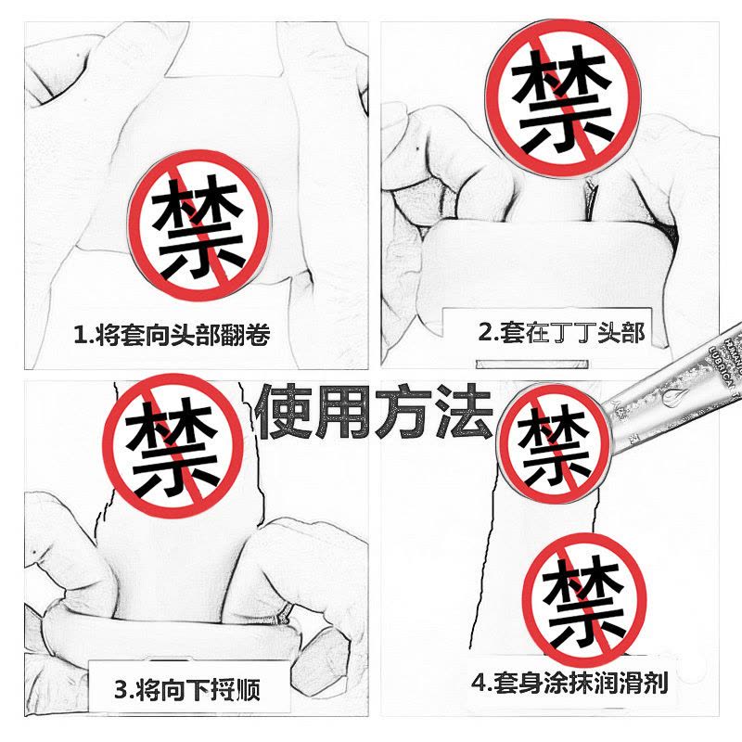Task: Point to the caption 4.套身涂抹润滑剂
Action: coord(569,684)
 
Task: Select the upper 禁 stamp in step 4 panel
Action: coord(553,435)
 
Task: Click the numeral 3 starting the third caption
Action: coord(120,690)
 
